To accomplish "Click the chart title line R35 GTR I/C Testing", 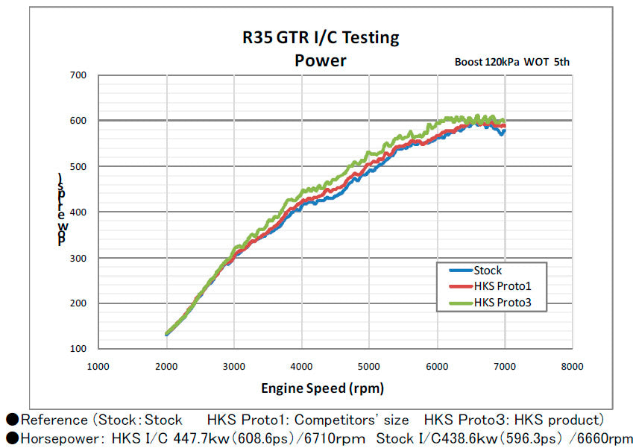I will point(320,37).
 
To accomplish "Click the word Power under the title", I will point(320,60).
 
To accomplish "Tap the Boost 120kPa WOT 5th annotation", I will point(511,62).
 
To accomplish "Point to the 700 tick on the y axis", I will point(78,75).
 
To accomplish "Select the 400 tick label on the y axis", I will point(78,212).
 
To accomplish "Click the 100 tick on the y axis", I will point(78,349).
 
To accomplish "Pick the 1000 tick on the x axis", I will point(98,366).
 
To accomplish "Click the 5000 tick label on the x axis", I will point(369,366).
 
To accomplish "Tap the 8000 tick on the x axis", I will point(572,366).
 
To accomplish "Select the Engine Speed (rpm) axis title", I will point(322,388).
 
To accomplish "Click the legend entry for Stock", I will point(488,271).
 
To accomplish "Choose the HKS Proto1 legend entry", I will point(501,286).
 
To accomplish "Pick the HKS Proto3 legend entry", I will point(501,303).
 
